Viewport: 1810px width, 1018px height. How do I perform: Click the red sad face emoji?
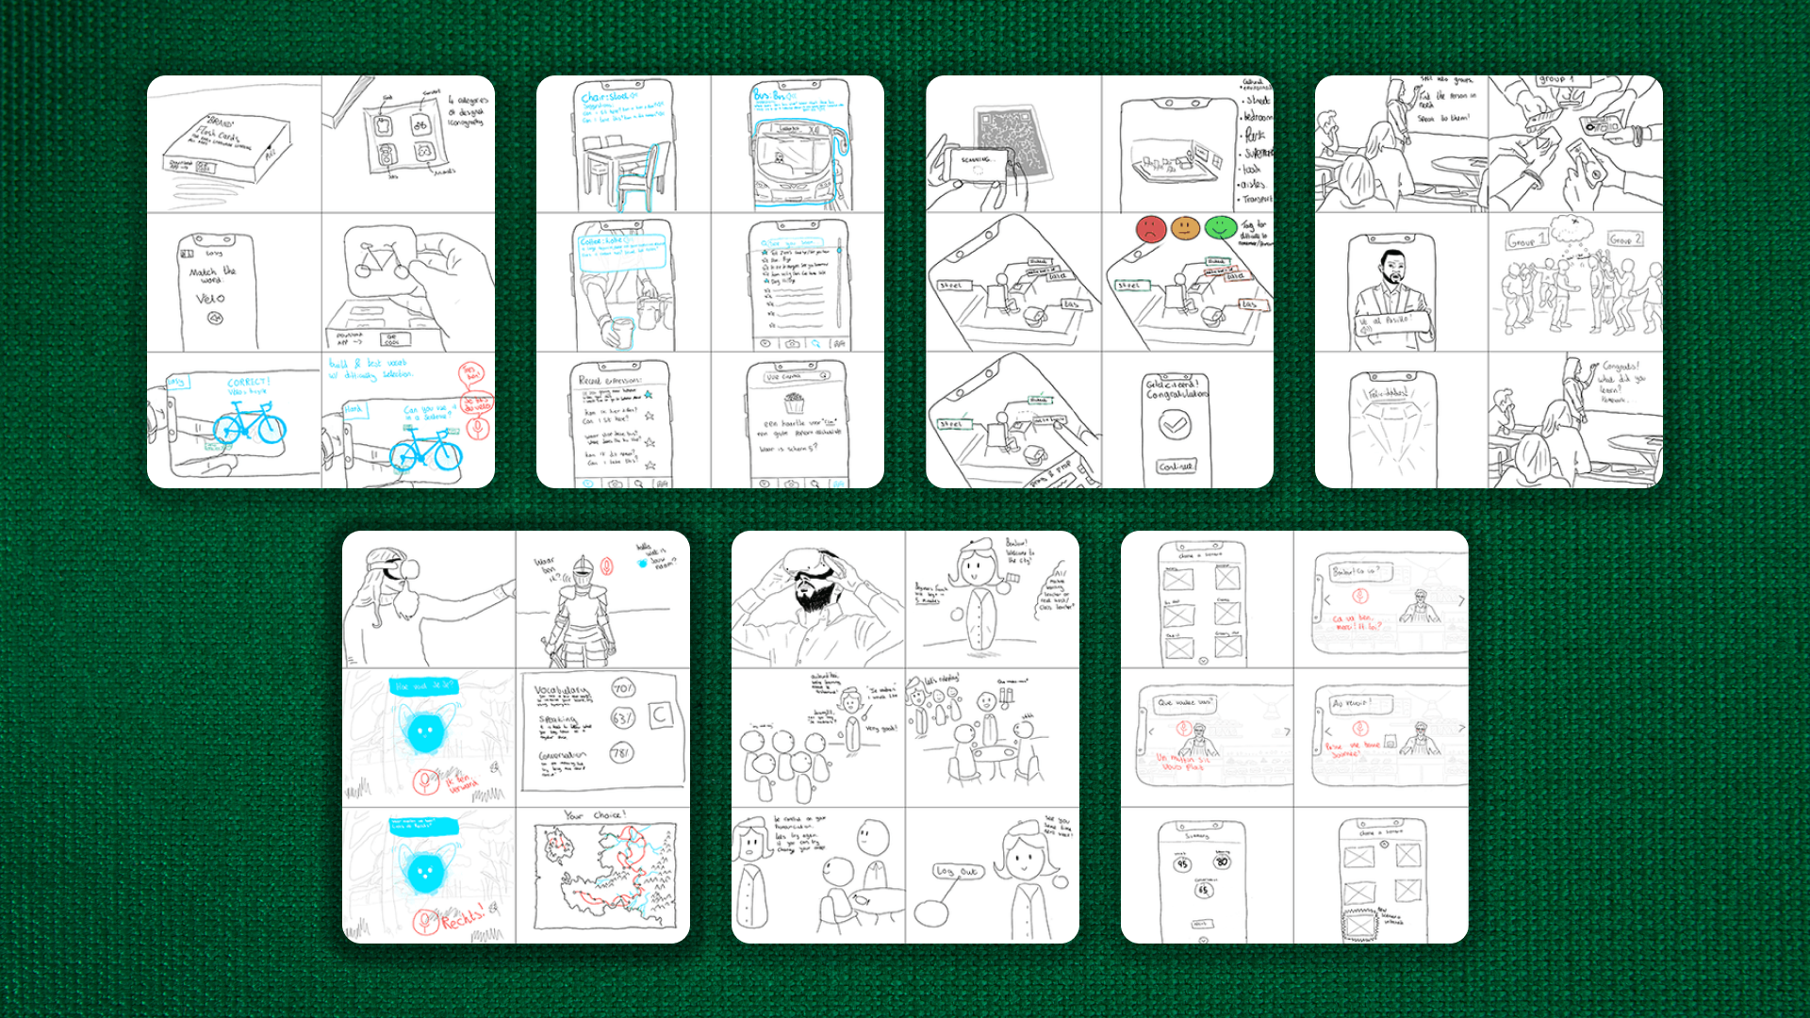(x=1150, y=228)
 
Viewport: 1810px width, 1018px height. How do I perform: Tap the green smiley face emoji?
(x=1221, y=227)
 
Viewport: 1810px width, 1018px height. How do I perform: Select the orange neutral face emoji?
(x=1185, y=228)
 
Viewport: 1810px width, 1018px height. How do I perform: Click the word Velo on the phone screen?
(x=210, y=299)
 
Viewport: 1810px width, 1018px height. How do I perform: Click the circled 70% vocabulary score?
(x=623, y=688)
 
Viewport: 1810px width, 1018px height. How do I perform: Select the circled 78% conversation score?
(x=621, y=752)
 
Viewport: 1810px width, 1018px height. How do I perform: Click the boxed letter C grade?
(x=661, y=715)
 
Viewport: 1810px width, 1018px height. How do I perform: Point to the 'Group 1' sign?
(x=1525, y=239)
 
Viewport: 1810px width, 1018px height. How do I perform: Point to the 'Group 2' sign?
(x=1625, y=239)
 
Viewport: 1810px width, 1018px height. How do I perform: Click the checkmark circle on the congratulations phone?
(x=1175, y=425)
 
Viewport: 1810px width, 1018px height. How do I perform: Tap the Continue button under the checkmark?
(x=1175, y=466)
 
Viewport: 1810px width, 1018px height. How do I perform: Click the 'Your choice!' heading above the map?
(x=595, y=815)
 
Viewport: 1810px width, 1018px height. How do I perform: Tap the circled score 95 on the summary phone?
(x=1182, y=863)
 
